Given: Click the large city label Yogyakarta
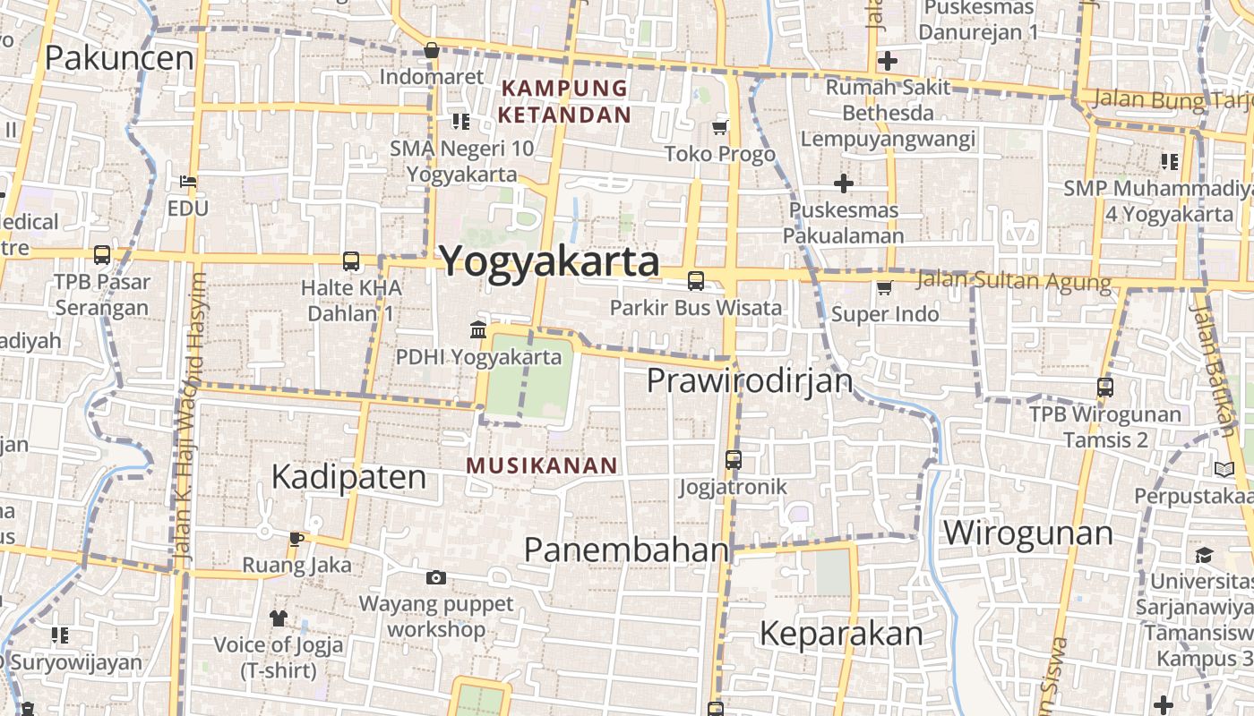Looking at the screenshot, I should pyautogui.click(x=549, y=261).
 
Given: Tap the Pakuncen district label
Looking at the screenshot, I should pyautogui.click(x=119, y=58).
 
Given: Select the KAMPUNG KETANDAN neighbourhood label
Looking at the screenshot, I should pyautogui.click(x=564, y=101).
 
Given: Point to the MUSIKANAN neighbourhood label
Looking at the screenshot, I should pyautogui.click(x=542, y=465).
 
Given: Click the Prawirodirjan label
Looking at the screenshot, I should pyautogui.click(x=750, y=381).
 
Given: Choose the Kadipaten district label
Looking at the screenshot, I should pyautogui.click(x=348, y=477).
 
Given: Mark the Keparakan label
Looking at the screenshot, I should pyautogui.click(x=840, y=634).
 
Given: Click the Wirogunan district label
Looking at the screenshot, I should pyautogui.click(x=1027, y=533).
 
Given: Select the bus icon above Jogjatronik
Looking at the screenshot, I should pyautogui.click(x=733, y=460).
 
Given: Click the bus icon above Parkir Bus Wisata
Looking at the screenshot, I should pyautogui.click(x=695, y=281).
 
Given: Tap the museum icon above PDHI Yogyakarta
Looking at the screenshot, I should pyautogui.click(x=478, y=330).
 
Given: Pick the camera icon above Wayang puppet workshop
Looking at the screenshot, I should pyautogui.click(x=436, y=577).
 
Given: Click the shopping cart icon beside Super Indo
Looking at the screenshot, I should pyautogui.click(x=884, y=287).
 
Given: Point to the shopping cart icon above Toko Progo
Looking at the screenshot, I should pyautogui.click(x=719, y=128).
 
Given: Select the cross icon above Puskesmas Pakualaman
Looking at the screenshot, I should pyautogui.click(x=843, y=183).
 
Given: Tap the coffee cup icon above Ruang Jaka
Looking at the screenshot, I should pyautogui.click(x=296, y=539).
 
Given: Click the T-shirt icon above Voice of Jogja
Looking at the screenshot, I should pyautogui.click(x=278, y=618).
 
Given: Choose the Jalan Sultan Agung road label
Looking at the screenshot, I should pyautogui.click(x=1014, y=281).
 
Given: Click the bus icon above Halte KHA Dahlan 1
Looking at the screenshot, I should pyautogui.click(x=351, y=261).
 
